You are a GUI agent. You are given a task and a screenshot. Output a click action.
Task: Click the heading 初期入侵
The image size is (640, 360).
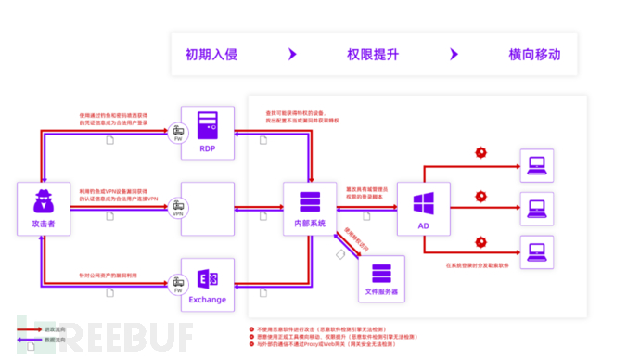coord(211,54)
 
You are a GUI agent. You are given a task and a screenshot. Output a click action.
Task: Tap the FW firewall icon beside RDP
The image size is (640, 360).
coord(176,132)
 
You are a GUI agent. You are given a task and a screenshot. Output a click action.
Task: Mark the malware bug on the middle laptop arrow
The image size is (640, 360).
coord(480,196)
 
